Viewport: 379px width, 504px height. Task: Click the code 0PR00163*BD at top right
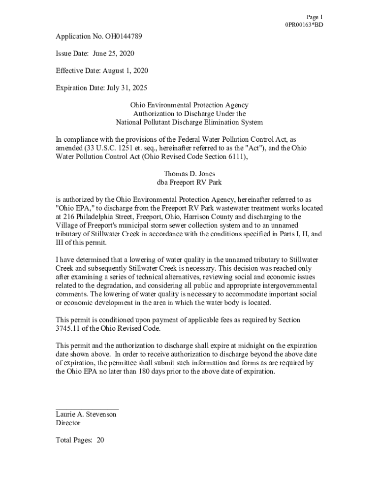coord(304,25)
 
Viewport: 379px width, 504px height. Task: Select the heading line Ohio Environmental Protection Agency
coord(189,105)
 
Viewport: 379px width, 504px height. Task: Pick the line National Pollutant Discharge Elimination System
coord(189,122)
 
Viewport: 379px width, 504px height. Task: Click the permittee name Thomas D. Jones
coord(189,174)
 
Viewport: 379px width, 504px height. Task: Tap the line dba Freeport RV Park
coord(189,182)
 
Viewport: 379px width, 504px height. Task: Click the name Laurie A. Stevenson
coord(86,414)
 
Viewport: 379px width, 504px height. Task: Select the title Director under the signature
coord(68,423)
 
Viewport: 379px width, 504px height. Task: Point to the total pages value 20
coord(100,440)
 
